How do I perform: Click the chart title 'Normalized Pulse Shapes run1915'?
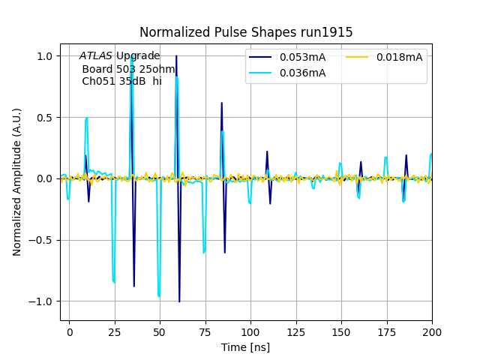pyautogui.click(x=246, y=32)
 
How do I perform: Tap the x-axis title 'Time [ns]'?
pyautogui.click(x=245, y=347)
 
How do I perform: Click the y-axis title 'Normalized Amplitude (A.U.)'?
pyautogui.click(x=17, y=182)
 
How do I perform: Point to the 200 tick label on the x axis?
pyautogui.click(x=432, y=331)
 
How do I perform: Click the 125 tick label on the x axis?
pyautogui.click(x=296, y=331)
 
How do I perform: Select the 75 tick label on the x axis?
pyautogui.click(x=205, y=331)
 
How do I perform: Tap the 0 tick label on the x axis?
pyautogui.click(x=70, y=331)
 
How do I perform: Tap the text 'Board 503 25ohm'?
pyautogui.click(x=128, y=69)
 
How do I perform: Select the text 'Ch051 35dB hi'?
pyautogui.click(x=121, y=81)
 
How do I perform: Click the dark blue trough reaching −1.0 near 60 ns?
pyautogui.click(x=179, y=301)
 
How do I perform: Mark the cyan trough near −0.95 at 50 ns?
pyautogui.click(x=159, y=296)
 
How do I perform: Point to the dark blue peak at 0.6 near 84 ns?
pyautogui.click(x=221, y=103)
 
